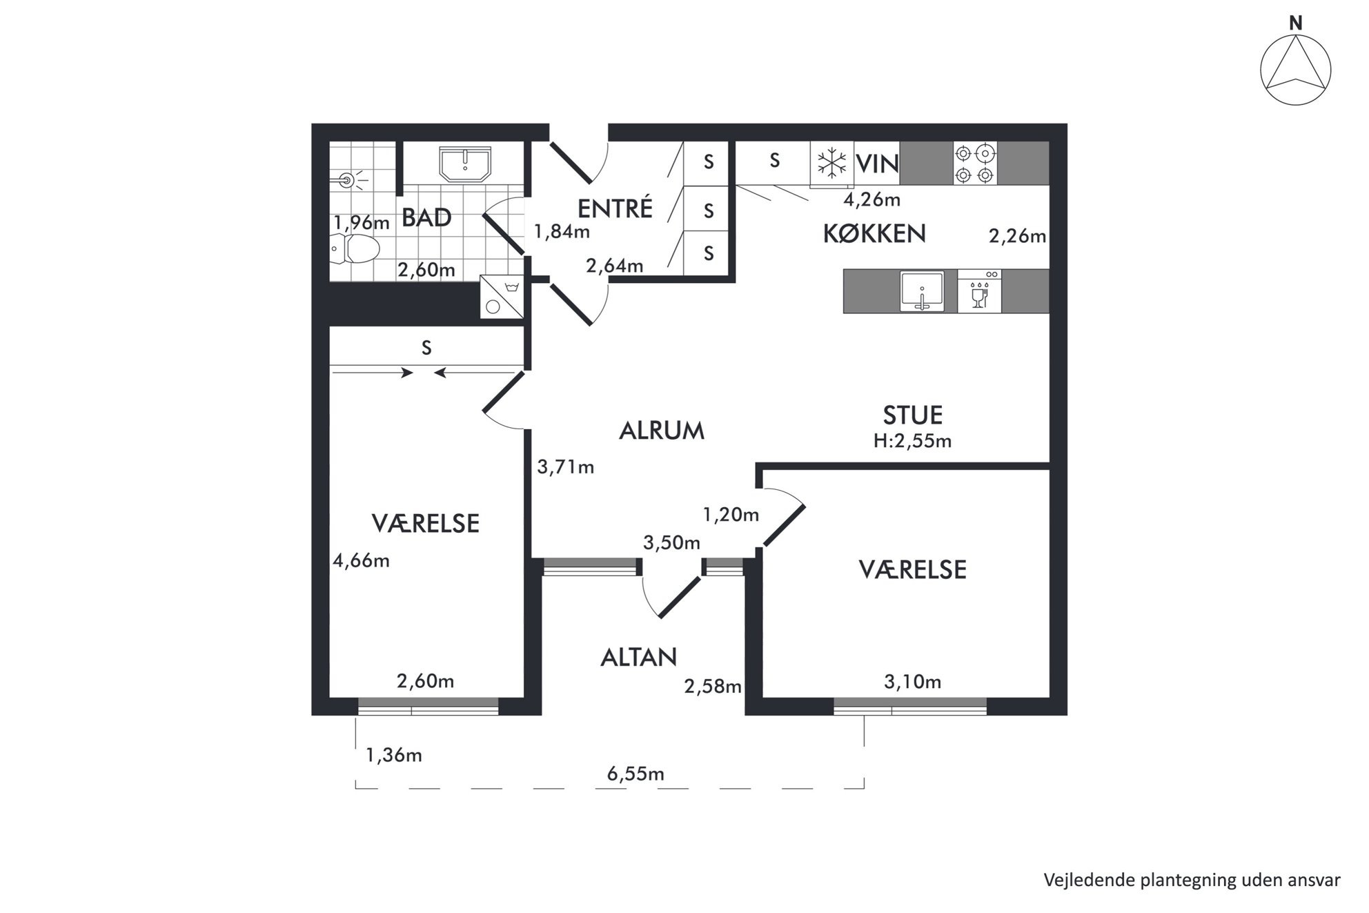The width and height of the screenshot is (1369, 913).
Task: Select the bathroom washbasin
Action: pos(465,164)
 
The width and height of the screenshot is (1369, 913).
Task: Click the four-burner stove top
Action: pos(975,163)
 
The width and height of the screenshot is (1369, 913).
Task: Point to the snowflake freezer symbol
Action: pos(831,164)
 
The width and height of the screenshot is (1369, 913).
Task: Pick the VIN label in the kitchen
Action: pos(877,164)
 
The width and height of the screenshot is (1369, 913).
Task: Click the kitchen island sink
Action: pos(922,291)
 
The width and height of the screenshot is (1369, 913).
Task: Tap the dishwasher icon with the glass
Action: pos(979,291)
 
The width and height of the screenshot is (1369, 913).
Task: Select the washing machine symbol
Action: pos(502,297)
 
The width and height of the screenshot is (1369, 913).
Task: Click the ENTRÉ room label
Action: pos(615,208)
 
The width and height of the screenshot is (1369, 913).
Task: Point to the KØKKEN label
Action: pos(874,234)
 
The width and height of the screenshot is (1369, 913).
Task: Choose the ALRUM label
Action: pos(662,431)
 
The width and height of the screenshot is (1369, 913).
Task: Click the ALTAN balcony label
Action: pos(638,658)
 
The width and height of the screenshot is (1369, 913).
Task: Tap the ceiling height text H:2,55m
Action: pos(912,441)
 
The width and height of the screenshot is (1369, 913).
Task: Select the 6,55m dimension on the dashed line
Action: pos(636,774)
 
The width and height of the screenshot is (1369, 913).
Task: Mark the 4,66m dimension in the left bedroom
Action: pos(361,560)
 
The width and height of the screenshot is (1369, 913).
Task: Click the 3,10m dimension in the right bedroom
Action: pos(912,682)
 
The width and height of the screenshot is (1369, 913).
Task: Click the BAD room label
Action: pos(426,218)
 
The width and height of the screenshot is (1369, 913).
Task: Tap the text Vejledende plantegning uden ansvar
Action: pos(1192,880)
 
